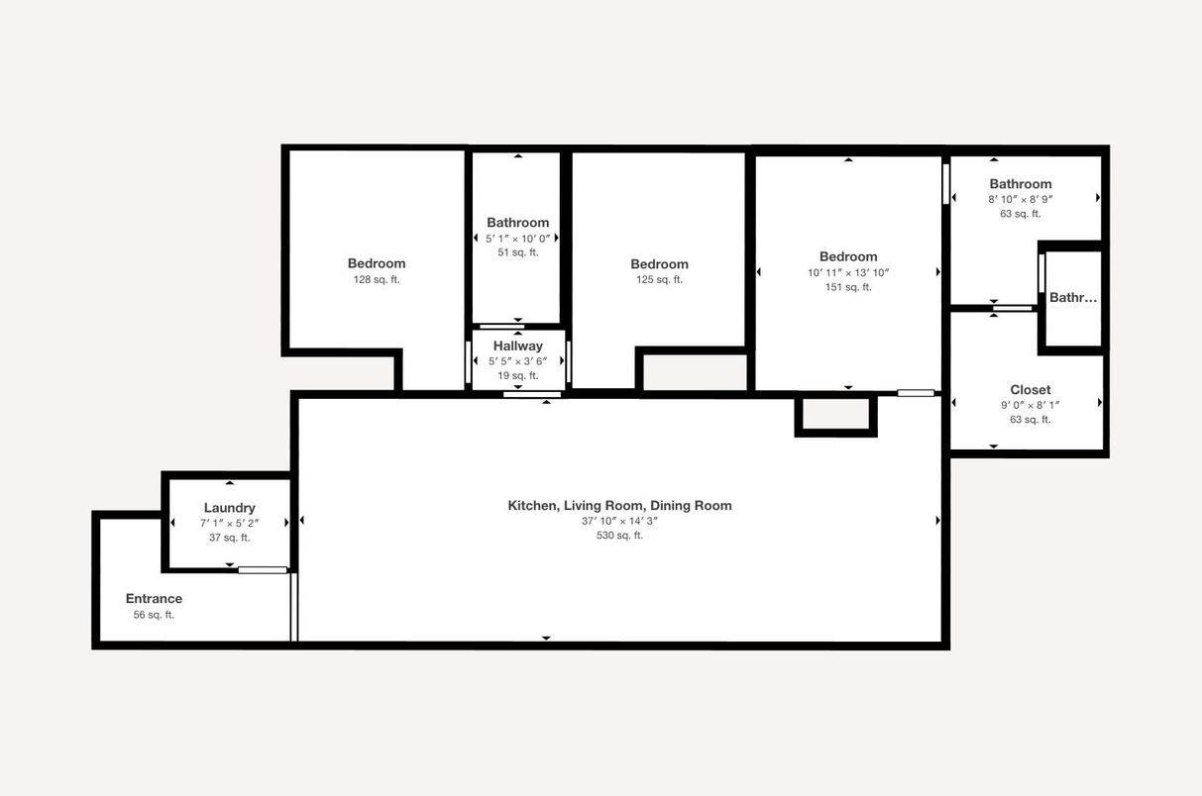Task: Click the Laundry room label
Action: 229,508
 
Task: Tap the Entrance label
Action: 154,598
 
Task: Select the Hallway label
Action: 517,346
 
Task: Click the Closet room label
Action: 1030,390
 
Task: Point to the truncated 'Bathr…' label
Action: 1073,297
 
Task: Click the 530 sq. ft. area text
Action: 619,536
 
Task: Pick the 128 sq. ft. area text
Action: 376,279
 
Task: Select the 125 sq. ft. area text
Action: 659,279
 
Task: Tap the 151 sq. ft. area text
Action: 848,287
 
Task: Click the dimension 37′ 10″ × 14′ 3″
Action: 619,521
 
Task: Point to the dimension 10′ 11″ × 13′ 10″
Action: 848,272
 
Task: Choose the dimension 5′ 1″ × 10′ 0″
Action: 517,238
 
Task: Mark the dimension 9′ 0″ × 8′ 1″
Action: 1030,404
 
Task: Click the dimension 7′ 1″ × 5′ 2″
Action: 229,523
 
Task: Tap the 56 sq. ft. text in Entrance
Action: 154,615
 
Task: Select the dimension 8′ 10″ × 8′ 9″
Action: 1020,199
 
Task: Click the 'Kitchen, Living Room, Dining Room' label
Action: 619,505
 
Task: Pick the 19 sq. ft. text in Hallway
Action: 517,375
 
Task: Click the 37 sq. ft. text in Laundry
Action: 229,538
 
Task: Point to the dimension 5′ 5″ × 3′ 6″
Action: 517,361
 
